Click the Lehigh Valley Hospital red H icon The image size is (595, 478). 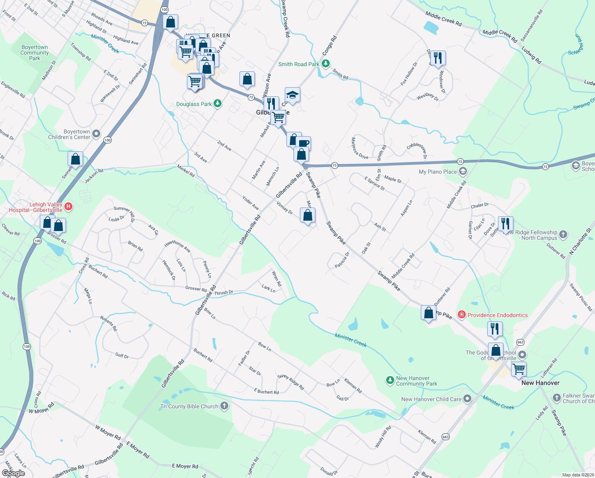[68, 206]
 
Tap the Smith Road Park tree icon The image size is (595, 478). [326, 64]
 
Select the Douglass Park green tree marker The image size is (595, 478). [217, 104]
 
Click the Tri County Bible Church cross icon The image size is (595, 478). [224, 406]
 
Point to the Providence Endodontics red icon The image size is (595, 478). [462, 315]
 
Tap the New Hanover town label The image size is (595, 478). [540, 383]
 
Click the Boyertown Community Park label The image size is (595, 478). [35, 53]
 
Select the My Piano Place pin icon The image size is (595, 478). [463, 172]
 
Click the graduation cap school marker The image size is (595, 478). [292, 95]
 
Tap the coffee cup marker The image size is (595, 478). [303, 143]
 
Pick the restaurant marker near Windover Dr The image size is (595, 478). [437, 58]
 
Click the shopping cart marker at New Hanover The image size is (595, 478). [519, 369]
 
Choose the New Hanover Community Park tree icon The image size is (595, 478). [390, 380]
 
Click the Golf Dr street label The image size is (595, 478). [122, 356]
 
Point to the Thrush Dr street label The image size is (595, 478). [224, 293]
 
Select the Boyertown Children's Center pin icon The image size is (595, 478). [96, 134]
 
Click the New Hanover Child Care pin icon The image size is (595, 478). [467, 399]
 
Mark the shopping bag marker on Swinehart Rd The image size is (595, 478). [75, 159]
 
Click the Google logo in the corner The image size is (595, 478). [14, 473]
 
